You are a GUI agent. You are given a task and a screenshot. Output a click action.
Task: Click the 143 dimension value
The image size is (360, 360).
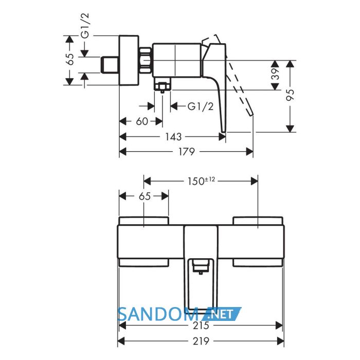(x=174, y=137)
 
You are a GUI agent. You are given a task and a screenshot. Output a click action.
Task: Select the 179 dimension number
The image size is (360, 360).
(x=186, y=152)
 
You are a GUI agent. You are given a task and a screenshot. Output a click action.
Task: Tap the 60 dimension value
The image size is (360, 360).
(x=142, y=121)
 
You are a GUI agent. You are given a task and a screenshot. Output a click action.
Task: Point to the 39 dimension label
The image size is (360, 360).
(x=276, y=74)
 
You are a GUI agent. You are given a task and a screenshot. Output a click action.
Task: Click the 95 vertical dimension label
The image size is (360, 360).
(x=291, y=95)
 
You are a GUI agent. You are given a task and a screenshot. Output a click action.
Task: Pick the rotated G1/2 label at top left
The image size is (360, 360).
(x=85, y=25)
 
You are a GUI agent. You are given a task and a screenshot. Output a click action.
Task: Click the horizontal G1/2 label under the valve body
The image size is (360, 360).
(x=201, y=106)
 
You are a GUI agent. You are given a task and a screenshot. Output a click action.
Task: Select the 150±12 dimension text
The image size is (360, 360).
(x=202, y=181)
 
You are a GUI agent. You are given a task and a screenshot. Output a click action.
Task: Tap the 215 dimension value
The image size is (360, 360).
(x=201, y=326)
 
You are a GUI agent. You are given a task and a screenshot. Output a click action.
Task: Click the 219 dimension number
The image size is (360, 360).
(x=201, y=341)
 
